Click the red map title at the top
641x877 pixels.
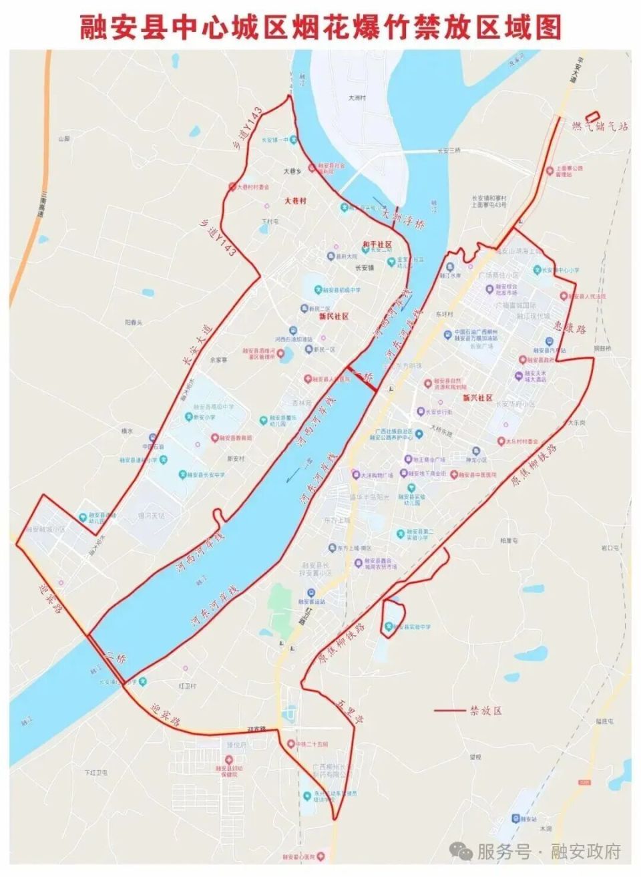320,27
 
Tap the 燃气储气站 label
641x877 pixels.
600,126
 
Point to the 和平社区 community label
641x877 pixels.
377,245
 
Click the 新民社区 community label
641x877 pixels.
334,316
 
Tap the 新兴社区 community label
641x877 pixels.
477,397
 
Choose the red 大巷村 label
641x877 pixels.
294,200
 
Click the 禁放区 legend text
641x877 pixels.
486,710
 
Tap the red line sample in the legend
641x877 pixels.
449,710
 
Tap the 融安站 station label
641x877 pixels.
528,819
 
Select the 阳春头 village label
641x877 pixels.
134,322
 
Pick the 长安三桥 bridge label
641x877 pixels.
449,151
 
